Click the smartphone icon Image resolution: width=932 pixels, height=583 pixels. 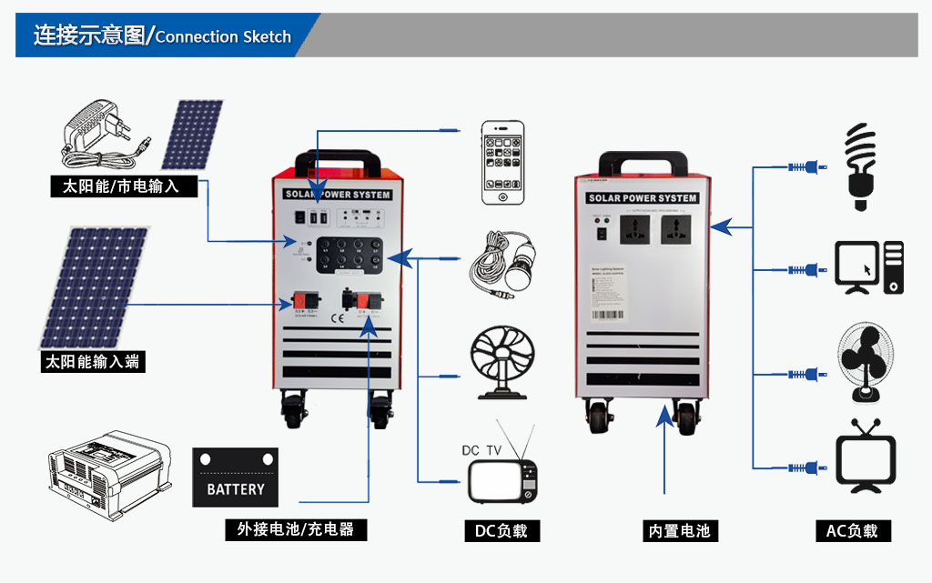(503, 162)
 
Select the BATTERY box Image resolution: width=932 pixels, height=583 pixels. (235, 477)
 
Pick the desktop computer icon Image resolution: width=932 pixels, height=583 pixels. (868, 267)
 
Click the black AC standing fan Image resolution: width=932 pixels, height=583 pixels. (864, 363)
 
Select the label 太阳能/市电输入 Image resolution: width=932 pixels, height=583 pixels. (121, 187)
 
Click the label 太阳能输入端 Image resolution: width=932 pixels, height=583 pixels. (94, 361)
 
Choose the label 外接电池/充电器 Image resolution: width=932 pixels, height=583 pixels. (296, 529)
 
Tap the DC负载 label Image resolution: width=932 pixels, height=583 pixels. (501, 530)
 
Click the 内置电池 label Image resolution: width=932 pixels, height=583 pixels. (679, 530)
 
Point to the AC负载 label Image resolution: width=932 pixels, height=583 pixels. (852, 530)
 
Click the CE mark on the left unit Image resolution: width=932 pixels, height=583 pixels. (336, 318)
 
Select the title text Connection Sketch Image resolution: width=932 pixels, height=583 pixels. (223, 37)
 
